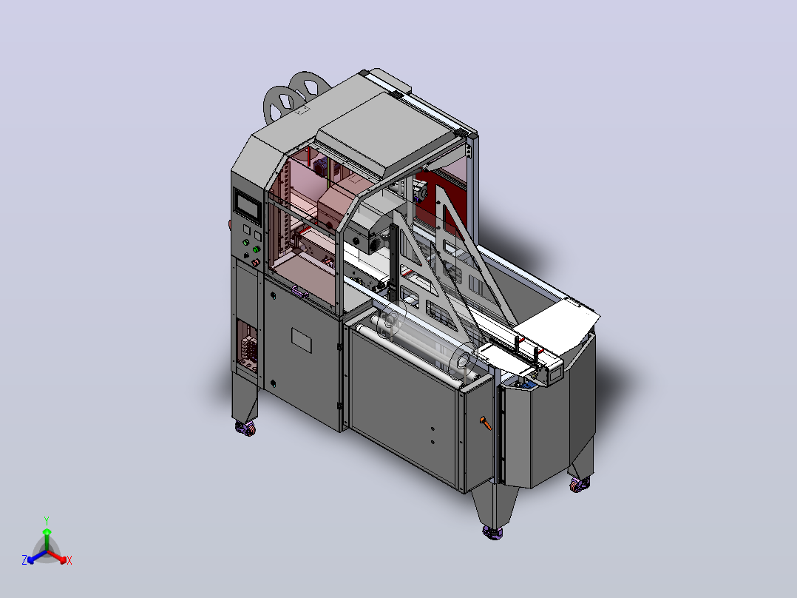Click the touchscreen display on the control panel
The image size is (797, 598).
tap(247, 206)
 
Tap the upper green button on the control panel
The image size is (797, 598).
tap(246, 243)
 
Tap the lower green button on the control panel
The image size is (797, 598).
tap(256, 250)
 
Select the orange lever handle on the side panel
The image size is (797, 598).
tap(486, 423)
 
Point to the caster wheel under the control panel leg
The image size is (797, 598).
tap(246, 429)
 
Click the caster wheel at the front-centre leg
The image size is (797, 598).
tap(492, 532)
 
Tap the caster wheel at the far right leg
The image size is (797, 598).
tap(580, 485)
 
